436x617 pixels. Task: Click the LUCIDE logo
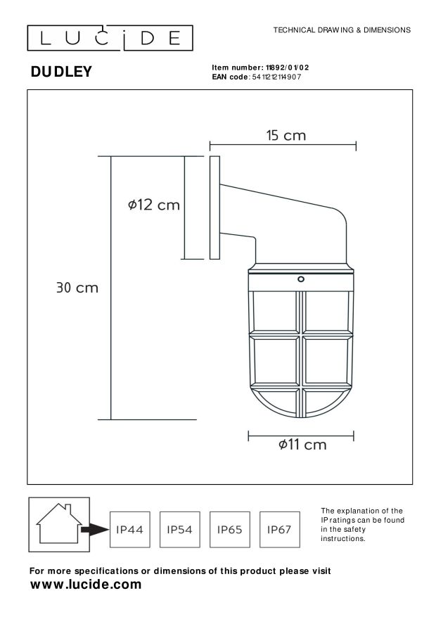point(110,37)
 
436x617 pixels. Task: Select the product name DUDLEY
point(61,72)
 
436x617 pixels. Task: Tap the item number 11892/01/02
point(284,68)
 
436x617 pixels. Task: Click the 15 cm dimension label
point(286,135)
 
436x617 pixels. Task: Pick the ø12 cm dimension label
point(154,205)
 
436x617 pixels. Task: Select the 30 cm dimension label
point(77,287)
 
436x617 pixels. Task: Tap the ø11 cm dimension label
point(302,445)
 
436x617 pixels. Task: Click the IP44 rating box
point(129,529)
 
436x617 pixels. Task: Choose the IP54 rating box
point(179,529)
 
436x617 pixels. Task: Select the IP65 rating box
point(229,529)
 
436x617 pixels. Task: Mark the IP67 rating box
point(279,529)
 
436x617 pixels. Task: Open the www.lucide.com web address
point(86,585)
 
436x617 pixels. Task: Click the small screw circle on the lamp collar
point(301,279)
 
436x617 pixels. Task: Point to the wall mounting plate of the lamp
point(214,208)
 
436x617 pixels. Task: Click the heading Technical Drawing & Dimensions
point(341,30)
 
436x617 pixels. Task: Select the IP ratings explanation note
point(361,524)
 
